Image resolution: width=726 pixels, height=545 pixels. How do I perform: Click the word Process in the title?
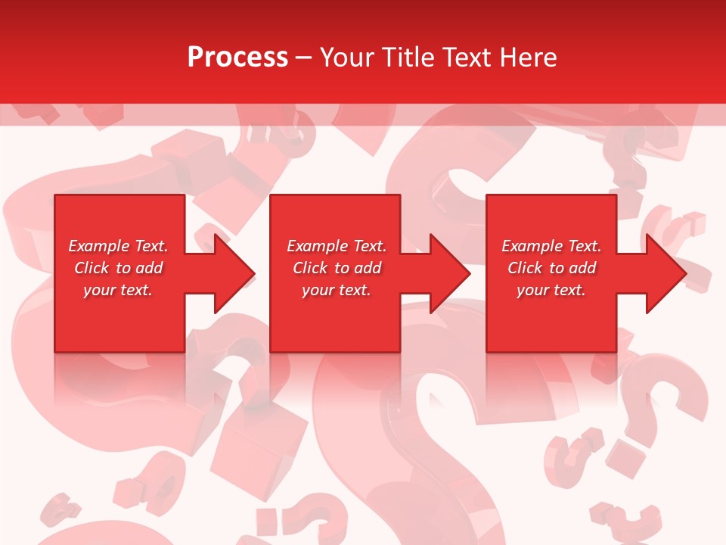point(237,58)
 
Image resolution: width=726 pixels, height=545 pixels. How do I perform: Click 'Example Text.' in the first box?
point(118,246)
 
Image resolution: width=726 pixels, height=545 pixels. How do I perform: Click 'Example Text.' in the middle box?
point(337,246)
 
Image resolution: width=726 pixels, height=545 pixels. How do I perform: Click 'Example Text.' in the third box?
point(551,246)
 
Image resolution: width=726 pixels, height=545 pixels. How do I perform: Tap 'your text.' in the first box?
point(118,290)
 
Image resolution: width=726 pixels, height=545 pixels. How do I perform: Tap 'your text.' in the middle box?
point(337,290)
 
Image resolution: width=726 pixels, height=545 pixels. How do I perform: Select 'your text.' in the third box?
point(551,290)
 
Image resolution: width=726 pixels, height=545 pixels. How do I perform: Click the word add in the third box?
point(583,268)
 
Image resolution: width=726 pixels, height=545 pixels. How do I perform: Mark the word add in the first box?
point(150,268)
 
